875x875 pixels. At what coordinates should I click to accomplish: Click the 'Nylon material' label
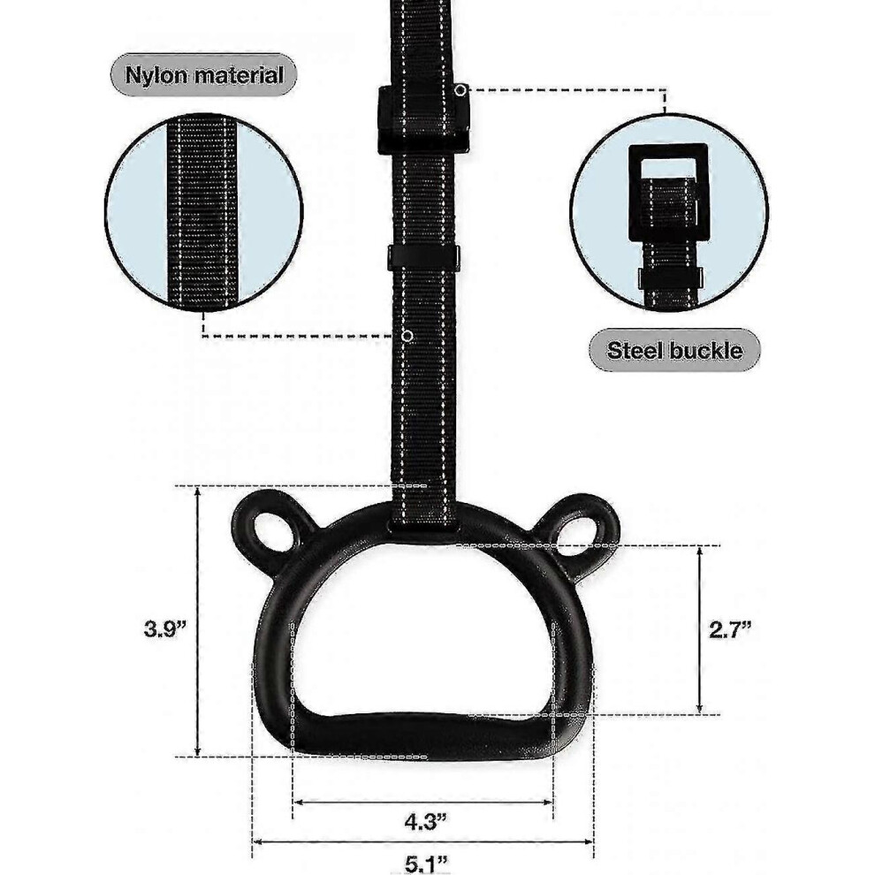click(x=203, y=75)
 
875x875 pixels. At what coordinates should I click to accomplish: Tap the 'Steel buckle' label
click(x=674, y=351)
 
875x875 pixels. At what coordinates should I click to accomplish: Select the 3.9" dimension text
click(x=164, y=629)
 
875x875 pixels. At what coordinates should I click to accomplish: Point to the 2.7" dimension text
click(x=730, y=630)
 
